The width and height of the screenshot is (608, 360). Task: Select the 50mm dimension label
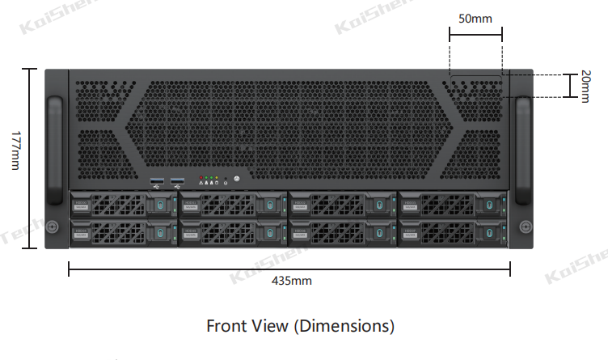475,17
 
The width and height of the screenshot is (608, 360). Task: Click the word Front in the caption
226,326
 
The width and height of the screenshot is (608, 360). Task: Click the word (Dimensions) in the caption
344,326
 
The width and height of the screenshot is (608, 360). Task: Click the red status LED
201,176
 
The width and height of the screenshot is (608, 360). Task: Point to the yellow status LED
216,176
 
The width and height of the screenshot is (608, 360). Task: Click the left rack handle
54,150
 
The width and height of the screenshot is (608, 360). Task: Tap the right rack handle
523,150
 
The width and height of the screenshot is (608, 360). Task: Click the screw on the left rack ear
52,226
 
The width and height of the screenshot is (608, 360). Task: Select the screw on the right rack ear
525,226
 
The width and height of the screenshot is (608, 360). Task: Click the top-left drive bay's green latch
161,207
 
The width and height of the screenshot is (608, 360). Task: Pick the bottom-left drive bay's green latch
161,233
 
